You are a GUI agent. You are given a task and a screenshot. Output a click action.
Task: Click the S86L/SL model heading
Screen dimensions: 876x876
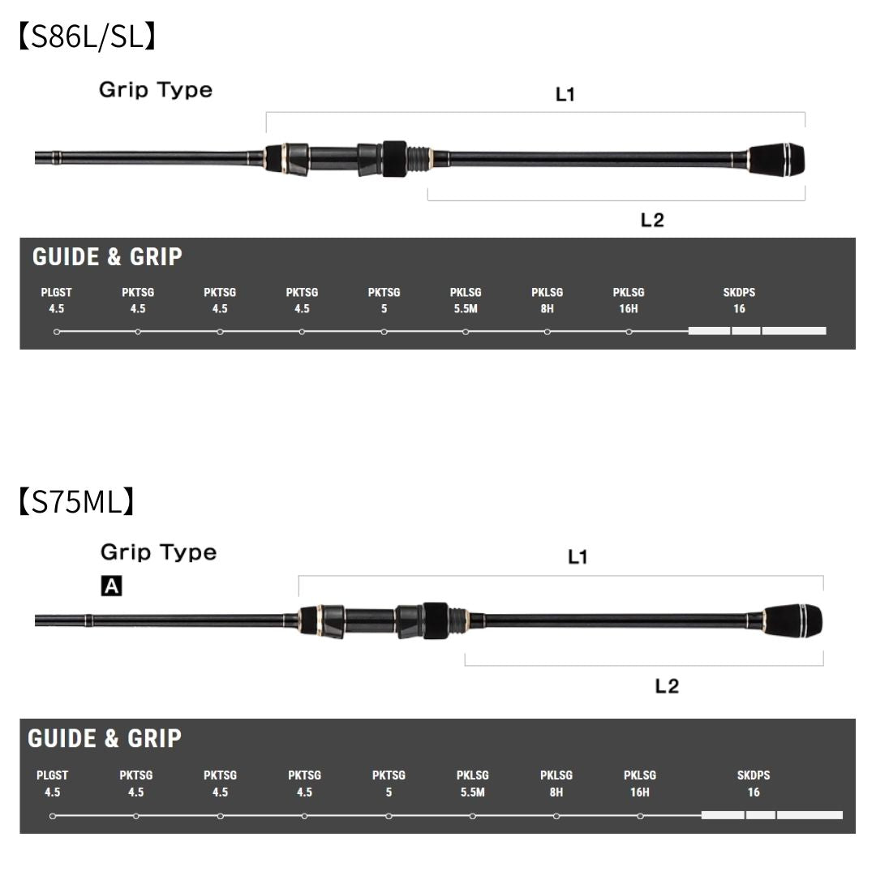point(87,36)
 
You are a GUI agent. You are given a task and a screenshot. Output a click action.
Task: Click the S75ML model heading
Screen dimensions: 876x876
point(76,500)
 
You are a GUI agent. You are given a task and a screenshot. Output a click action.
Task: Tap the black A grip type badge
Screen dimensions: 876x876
point(111,586)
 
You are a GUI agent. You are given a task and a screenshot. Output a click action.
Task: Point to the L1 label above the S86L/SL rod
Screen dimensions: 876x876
point(565,94)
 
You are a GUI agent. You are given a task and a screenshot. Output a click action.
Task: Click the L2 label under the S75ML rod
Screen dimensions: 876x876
point(667,686)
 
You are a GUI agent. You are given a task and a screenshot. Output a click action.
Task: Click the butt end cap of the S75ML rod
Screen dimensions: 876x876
point(793,620)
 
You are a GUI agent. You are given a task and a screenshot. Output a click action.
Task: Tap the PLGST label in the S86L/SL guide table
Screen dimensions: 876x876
point(57,292)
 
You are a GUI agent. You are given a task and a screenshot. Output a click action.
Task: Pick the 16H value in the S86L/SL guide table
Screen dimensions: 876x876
point(629,308)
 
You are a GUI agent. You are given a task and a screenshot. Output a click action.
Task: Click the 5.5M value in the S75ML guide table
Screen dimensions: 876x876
point(473,792)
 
